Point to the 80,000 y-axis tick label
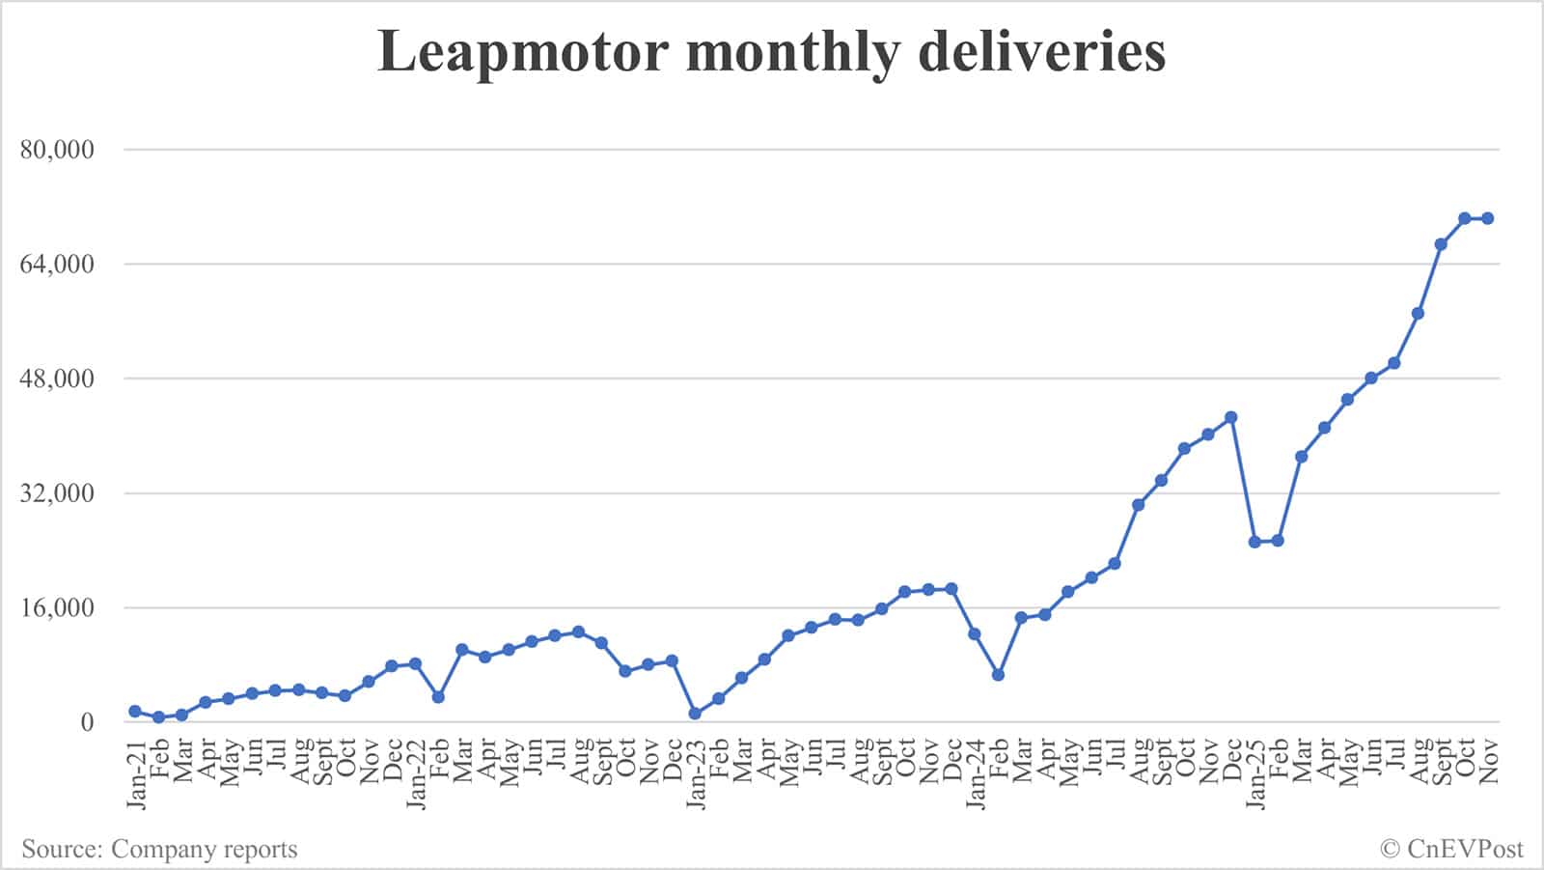pyautogui.click(x=57, y=150)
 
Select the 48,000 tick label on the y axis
pyautogui.click(x=57, y=379)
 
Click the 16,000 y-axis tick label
pyautogui.click(x=57, y=608)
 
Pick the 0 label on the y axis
pyautogui.click(x=88, y=722)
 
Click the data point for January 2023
pyautogui.click(x=695, y=714)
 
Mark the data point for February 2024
pyautogui.click(x=998, y=675)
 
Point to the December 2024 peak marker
pyautogui.click(x=1231, y=418)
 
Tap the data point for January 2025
pyautogui.click(x=1254, y=542)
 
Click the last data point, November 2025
pyautogui.click(x=1488, y=218)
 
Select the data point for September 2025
pyautogui.click(x=1441, y=244)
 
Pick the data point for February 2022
pyautogui.click(x=438, y=697)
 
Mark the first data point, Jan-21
pyautogui.click(x=135, y=712)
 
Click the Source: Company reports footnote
pyautogui.click(x=159, y=850)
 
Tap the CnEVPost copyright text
pyautogui.click(x=1451, y=850)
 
